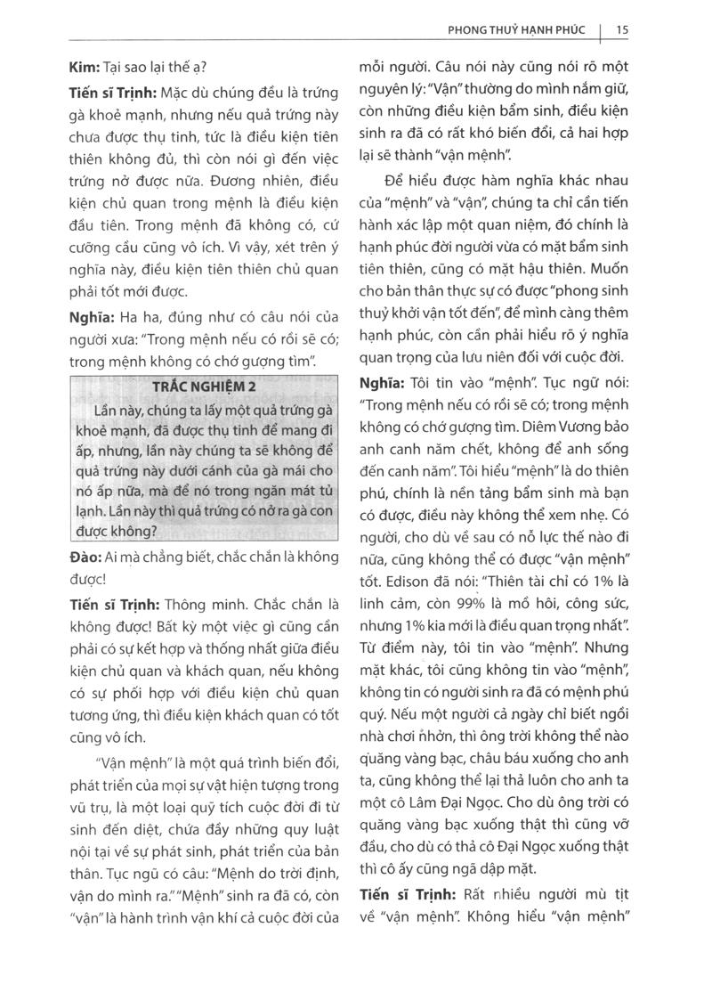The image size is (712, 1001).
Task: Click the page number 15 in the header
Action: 622,29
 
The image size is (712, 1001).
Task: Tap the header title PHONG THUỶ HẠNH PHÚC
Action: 516,29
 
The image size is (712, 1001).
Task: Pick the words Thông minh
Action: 197,603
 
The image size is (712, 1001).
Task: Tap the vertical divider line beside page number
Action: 602,32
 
